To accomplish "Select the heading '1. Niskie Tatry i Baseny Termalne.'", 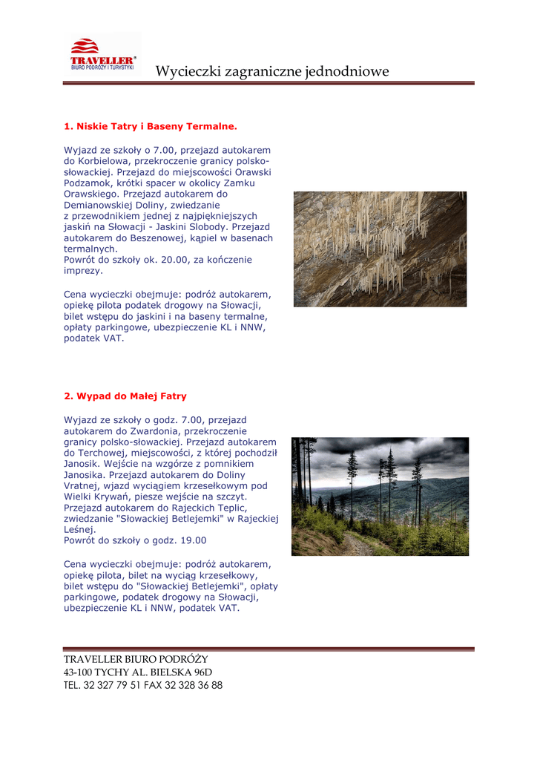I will click(151, 127).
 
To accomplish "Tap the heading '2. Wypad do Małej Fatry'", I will click(125, 396).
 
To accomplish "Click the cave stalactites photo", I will click(380, 249).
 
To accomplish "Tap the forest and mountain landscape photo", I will click(380, 496).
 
